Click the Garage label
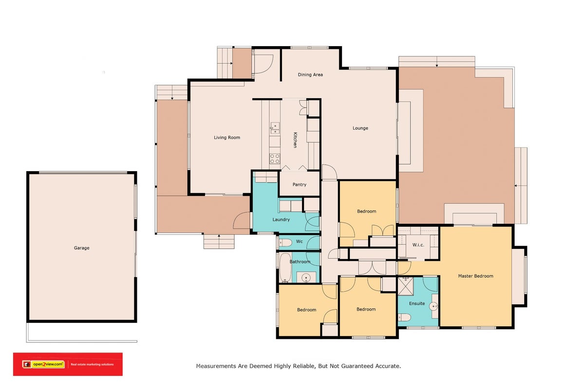81,248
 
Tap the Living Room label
227,138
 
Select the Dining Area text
310,75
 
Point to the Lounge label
360,128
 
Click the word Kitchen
295,140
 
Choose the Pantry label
300,184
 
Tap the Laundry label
281,219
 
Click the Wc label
300,241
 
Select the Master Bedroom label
475,276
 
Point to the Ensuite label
417,303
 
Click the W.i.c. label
418,245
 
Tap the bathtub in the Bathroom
286,268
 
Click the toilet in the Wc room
285,243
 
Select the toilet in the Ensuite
404,317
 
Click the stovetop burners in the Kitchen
275,159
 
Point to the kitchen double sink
275,128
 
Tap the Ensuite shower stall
406,286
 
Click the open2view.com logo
43,365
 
